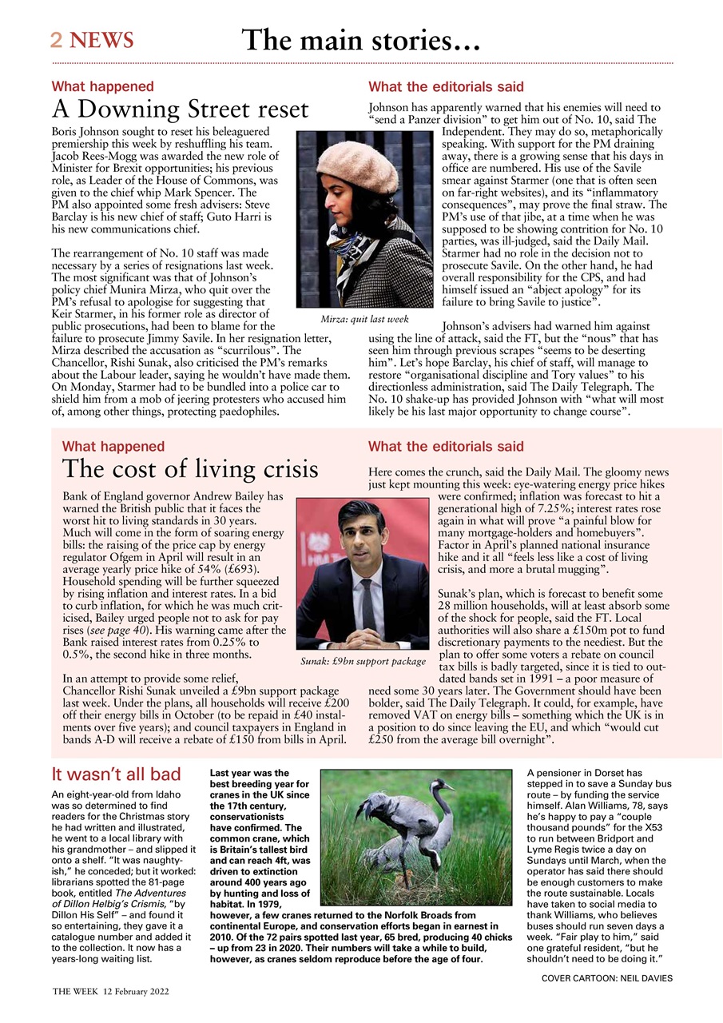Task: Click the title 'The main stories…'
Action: (x=360, y=39)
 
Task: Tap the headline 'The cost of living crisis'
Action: (x=190, y=469)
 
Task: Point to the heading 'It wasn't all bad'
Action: (x=116, y=774)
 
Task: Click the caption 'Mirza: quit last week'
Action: (x=364, y=319)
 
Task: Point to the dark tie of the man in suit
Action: (x=368, y=607)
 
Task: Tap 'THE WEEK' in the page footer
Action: (x=75, y=991)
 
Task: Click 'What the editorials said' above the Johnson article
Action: (x=446, y=86)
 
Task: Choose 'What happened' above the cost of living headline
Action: (x=113, y=447)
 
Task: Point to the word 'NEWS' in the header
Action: (x=101, y=39)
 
